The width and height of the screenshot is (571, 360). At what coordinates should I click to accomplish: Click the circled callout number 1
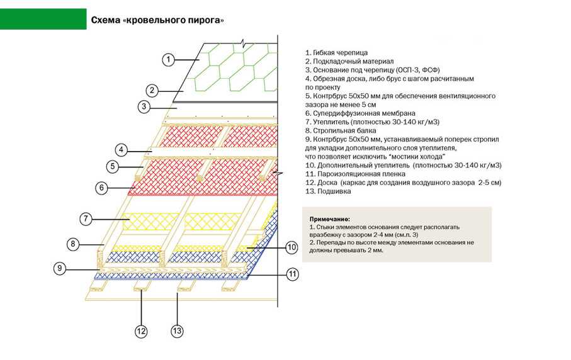click(168, 59)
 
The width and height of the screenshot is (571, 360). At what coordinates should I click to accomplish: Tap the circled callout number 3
click(144, 106)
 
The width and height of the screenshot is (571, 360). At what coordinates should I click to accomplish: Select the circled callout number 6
click(101, 188)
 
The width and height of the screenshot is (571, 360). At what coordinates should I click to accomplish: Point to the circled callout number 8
click(73, 244)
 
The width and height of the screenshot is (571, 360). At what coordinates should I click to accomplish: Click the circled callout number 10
click(291, 248)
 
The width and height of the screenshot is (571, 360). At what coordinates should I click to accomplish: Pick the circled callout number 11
click(292, 274)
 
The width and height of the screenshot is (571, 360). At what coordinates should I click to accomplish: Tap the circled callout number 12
click(141, 331)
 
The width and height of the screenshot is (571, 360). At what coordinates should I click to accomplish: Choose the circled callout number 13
click(177, 331)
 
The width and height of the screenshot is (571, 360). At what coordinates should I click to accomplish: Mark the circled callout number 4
click(122, 150)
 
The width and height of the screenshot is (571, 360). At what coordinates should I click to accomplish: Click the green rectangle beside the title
click(43, 20)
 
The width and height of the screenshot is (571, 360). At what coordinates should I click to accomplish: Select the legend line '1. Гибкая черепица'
click(336, 53)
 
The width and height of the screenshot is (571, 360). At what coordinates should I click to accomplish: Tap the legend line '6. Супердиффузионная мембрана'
click(360, 113)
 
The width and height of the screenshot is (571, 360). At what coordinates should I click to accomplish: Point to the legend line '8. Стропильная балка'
click(341, 130)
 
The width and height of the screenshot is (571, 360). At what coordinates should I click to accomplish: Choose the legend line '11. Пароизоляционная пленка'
click(355, 174)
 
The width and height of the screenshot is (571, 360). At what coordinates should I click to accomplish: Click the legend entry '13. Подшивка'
click(328, 191)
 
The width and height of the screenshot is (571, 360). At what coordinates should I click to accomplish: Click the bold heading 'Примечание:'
click(329, 219)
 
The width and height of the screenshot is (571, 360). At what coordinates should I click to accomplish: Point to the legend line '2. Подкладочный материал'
click(349, 62)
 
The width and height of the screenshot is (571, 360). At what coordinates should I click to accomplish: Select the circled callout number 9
click(60, 269)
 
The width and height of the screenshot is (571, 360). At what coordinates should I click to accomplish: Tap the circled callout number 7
click(86, 219)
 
